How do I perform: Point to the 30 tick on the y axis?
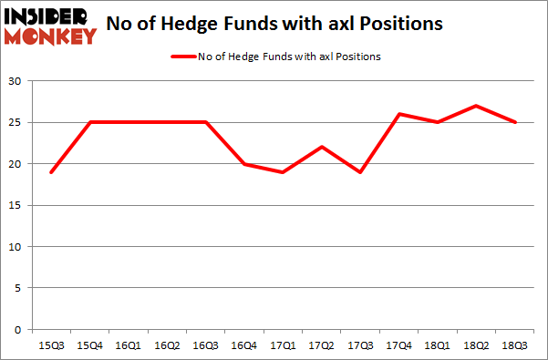coord(17,82)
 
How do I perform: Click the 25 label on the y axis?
coord(17,123)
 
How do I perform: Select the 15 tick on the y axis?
coord(17,206)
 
